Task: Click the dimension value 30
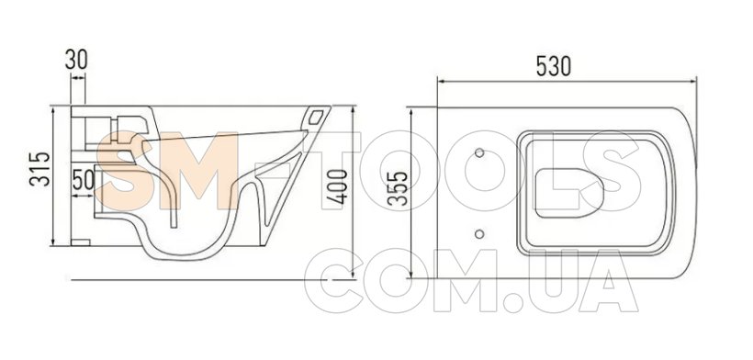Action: click(76, 60)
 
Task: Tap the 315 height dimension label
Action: click(39, 169)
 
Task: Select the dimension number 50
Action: click(83, 181)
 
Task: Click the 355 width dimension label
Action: click(398, 188)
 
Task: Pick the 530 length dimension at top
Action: click(554, 66)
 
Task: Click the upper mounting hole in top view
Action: click(479, 152)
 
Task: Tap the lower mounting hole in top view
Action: click(478, 234)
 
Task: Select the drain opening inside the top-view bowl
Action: click(569, 193)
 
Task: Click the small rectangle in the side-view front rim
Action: click(317, 117)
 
